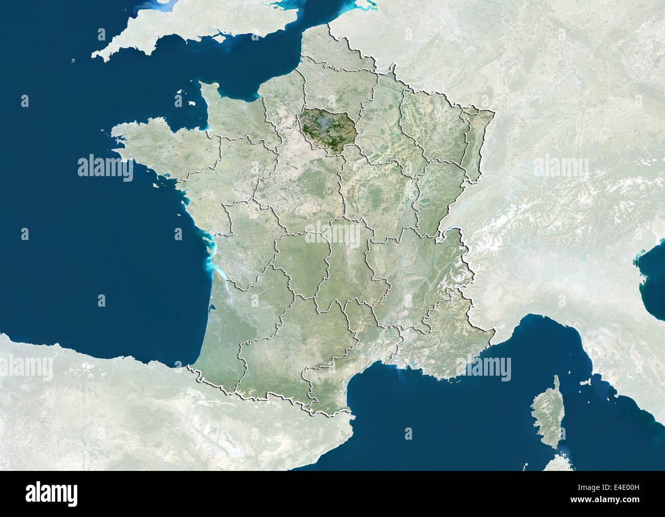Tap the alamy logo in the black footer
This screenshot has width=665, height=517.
point(51,494)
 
